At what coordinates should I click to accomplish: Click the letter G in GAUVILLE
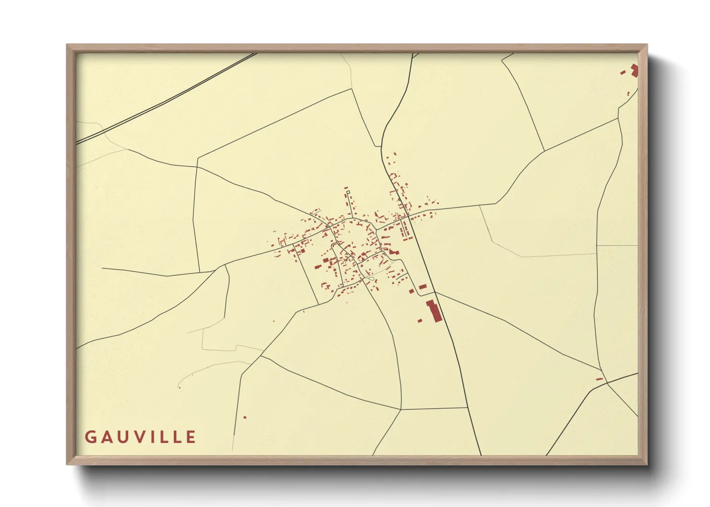[90, 437]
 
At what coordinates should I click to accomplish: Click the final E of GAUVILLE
[191, 437]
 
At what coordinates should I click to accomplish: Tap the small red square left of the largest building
[420, 320]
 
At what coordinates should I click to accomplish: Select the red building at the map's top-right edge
[634, 70]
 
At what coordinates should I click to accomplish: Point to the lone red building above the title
[245, 417]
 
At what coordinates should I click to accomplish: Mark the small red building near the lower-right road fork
[599, 379]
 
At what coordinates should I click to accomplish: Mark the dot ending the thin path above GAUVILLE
[179, 387]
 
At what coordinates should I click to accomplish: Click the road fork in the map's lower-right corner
[607, 383]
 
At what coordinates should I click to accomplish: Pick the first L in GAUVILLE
[165, 437]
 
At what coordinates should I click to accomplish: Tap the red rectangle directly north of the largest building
[423, 287]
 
